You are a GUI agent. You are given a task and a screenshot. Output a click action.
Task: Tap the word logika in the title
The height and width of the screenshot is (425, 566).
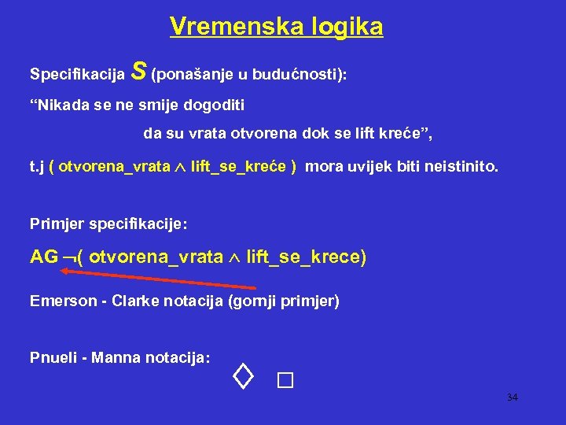point(344,27)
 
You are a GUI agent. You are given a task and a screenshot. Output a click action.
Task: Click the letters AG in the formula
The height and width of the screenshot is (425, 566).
point(43,257)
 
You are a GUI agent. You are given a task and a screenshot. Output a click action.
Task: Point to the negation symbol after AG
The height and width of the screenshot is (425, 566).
point(68,259)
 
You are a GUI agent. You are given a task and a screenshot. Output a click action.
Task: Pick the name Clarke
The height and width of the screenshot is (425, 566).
point(136,301)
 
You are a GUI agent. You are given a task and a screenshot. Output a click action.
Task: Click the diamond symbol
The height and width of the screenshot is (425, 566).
point(244,379)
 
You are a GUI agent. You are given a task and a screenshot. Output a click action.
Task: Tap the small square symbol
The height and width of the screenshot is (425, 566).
point(285,382)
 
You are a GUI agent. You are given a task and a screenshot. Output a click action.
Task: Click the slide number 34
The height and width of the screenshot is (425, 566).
point(512,397)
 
